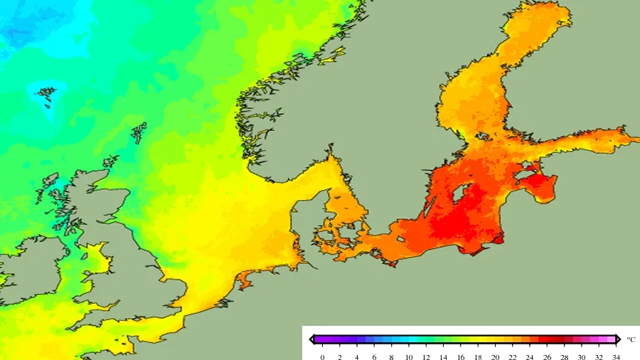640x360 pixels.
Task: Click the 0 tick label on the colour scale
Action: [322, 356]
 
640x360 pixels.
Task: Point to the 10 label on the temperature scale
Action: [408, 356]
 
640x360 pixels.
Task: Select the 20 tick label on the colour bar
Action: [494, 356]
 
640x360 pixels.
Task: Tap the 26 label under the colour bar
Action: [546, 356]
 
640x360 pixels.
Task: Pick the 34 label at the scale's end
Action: [615, 356]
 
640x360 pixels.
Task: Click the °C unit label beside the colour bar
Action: [631, 340]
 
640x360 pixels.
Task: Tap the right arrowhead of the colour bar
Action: [618, 340]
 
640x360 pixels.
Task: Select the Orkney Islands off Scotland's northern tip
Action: [110, 162]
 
